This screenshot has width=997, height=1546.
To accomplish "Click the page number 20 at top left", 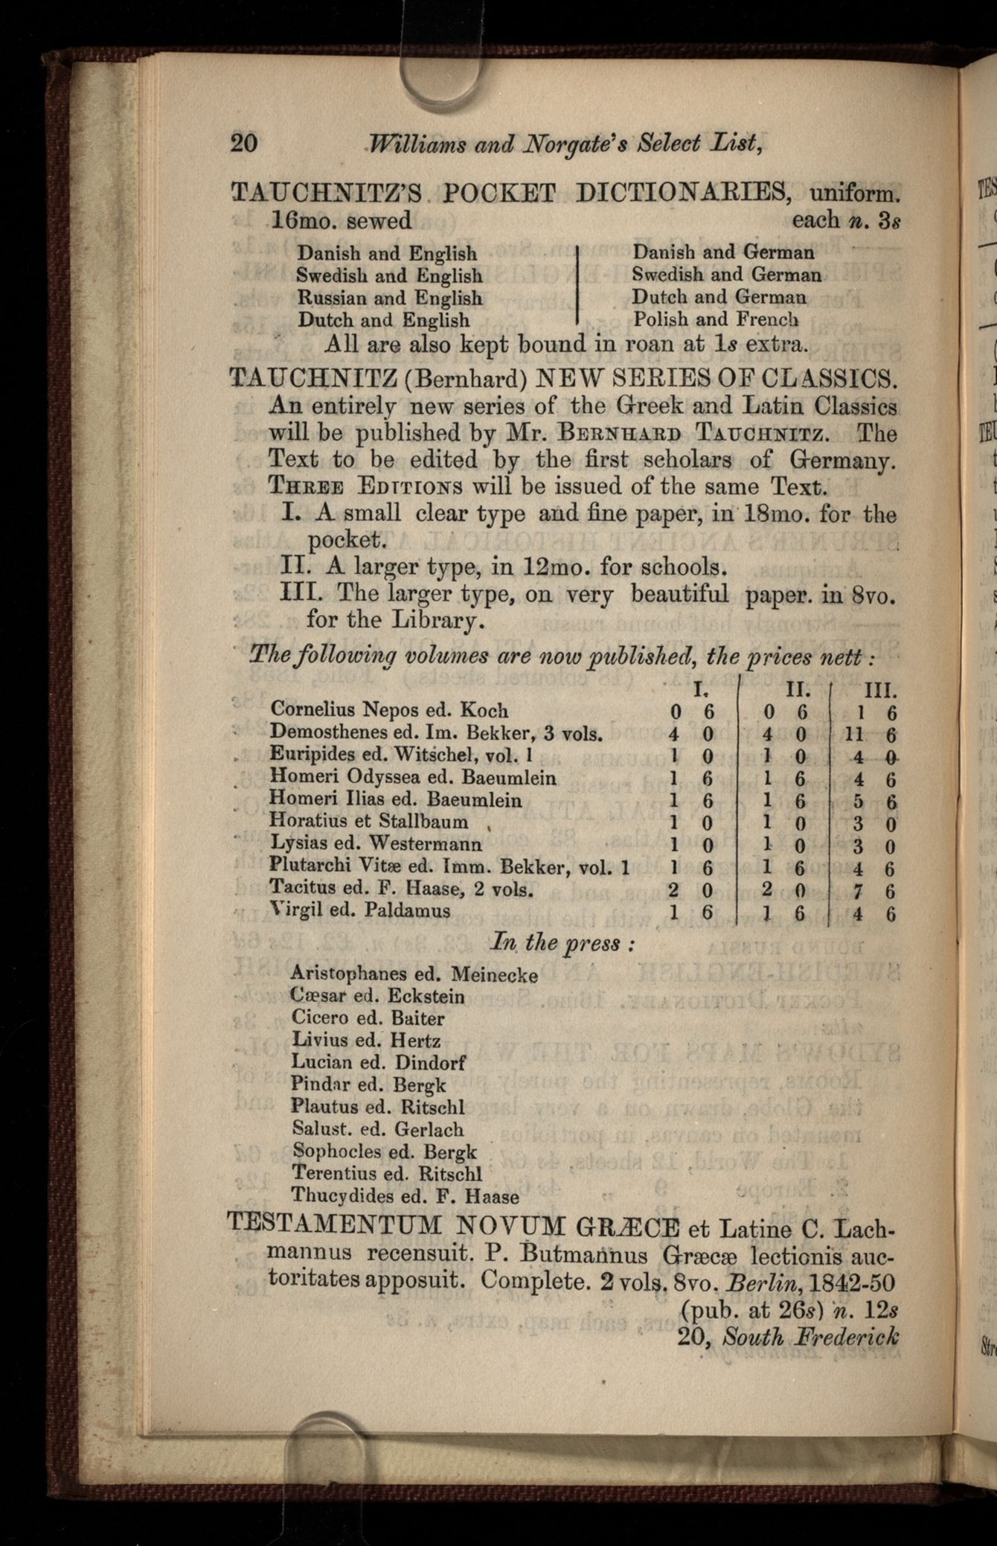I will [244, 141].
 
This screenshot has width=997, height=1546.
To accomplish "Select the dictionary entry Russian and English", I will [389, 298].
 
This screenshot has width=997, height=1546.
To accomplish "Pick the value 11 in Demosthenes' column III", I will [853, 734].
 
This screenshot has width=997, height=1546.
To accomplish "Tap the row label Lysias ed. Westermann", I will [376, 843].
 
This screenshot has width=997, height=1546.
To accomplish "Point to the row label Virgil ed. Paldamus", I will [360, 910].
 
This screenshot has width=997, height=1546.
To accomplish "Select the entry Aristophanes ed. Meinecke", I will [414, 974].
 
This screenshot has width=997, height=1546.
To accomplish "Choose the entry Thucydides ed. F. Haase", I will [405, 1196].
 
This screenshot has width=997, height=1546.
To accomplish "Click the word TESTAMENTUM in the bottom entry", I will [336, 1224].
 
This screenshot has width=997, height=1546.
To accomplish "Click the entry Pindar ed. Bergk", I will [368, 1085].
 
